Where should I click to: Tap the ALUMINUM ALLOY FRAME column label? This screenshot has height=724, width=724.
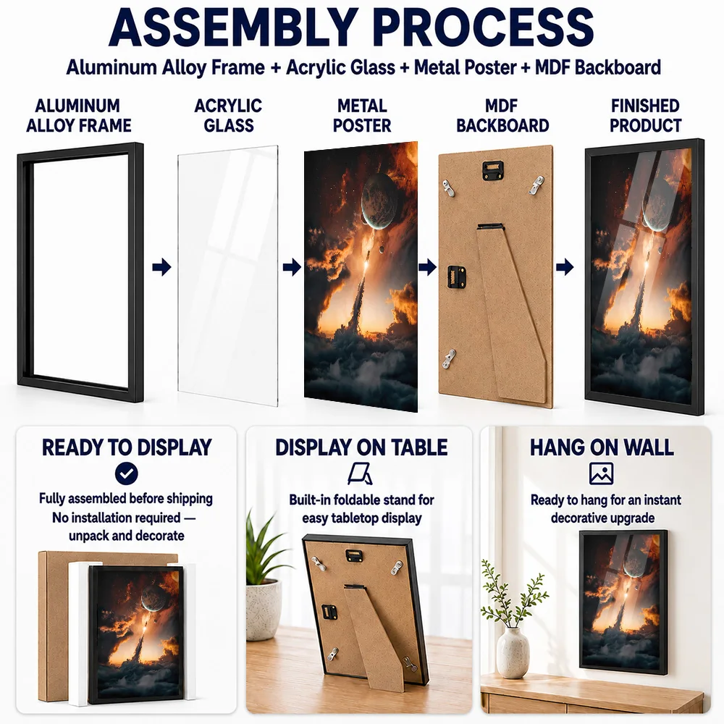coord(78,116)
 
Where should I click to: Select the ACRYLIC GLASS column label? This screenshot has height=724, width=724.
coord(228,116)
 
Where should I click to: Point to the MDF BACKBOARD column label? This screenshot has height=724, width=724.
coord(502,116)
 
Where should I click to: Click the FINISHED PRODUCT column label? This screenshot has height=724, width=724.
coord(646,116)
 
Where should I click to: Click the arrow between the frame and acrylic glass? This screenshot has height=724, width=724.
coord(161,267)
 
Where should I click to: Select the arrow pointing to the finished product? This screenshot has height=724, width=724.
coord(565,267)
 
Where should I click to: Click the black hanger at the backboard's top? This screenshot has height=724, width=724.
coord(492,170)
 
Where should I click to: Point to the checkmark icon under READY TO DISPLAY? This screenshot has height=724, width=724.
coord(127,473)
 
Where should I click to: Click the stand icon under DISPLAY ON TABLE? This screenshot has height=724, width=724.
coord(360,473)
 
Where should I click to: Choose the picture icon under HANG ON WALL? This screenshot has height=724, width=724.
coord(601,473)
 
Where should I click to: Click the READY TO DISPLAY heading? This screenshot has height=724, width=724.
coord(127,447)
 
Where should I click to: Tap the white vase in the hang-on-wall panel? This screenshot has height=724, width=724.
coord(513,652)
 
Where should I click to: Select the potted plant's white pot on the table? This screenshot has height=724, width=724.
coord(264,610)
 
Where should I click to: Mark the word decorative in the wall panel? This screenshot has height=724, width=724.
coord(578,518)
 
